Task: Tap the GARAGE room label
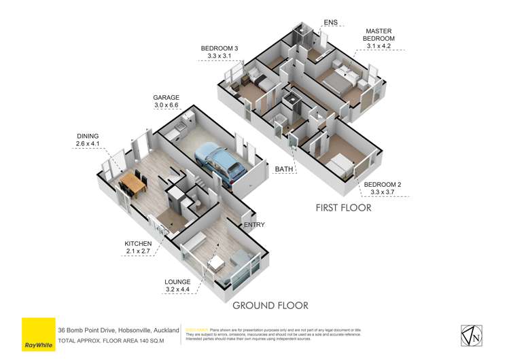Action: (166, 98)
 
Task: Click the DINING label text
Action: (89, 136)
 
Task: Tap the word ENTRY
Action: (253, 225)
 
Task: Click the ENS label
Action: (330, 22)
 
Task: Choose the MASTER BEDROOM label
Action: (379, 35)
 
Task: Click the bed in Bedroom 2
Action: (337, 162)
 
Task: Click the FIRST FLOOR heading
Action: (343, 208)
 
